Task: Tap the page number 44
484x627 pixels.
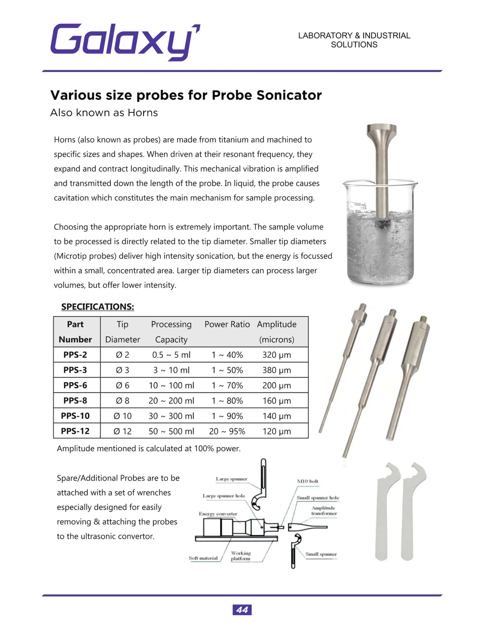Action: [242, 610]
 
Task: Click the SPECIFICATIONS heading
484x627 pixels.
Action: [97, 307]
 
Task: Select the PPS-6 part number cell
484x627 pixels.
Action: [75, 385]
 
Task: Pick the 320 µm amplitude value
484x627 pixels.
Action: [276, 355]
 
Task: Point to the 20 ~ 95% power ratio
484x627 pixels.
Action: [227, 431]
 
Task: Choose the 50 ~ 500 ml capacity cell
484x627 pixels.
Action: [171, 431]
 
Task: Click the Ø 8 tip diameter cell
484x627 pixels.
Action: [123, 401]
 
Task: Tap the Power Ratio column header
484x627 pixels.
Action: [227, 324]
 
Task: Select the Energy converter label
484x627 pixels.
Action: [218, 514]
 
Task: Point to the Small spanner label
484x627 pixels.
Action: [321, 554]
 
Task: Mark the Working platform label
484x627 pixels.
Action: [241, 556]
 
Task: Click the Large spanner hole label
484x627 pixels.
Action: [224, 496]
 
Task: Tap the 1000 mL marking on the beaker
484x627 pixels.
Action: [360, 205]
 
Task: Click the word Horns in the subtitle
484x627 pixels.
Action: [142, 113]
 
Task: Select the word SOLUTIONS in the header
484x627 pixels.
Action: [354, 45]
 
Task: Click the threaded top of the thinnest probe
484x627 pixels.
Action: [362, 308]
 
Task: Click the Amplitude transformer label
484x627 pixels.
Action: [324, 510]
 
